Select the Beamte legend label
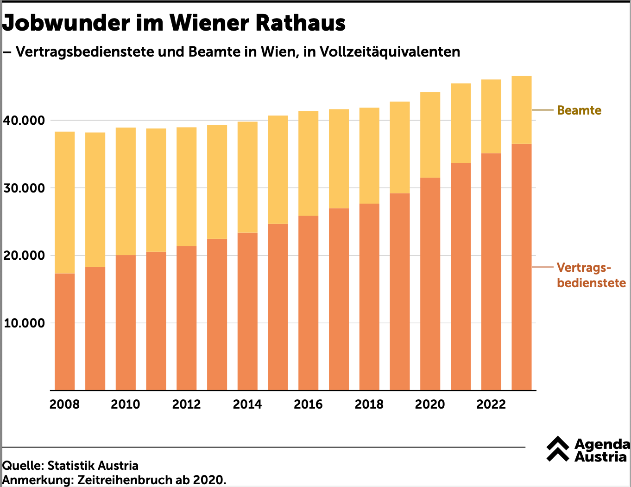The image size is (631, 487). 579,110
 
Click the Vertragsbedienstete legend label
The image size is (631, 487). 591,275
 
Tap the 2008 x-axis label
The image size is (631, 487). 64,404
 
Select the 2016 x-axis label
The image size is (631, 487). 308,404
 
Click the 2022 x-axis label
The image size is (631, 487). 491,404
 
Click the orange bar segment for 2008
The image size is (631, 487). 64,332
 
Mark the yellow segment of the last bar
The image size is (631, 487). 521,110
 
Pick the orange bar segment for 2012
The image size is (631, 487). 186,318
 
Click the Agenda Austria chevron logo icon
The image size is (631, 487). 558,449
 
